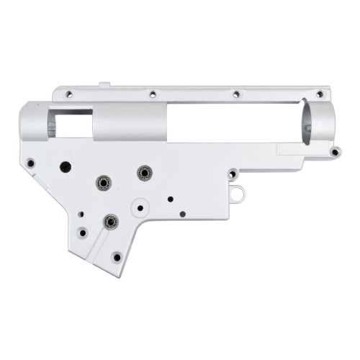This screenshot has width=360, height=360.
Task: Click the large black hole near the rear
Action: tap(66, 166)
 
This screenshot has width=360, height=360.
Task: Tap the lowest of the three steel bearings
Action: tap(110, 222)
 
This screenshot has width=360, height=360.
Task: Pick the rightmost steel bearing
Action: tap(144, 173)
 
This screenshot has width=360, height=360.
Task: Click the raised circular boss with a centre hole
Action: tap(140, 207)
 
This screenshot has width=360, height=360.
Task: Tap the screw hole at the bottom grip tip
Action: tap(116, 256)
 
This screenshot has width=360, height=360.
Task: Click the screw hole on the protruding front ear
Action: tap(335, 151)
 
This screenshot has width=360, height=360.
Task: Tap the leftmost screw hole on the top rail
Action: tap(68, 94)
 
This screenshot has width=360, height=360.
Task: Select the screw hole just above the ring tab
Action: tap(232, 174)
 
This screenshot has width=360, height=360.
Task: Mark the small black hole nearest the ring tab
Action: tap(182, 214)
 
